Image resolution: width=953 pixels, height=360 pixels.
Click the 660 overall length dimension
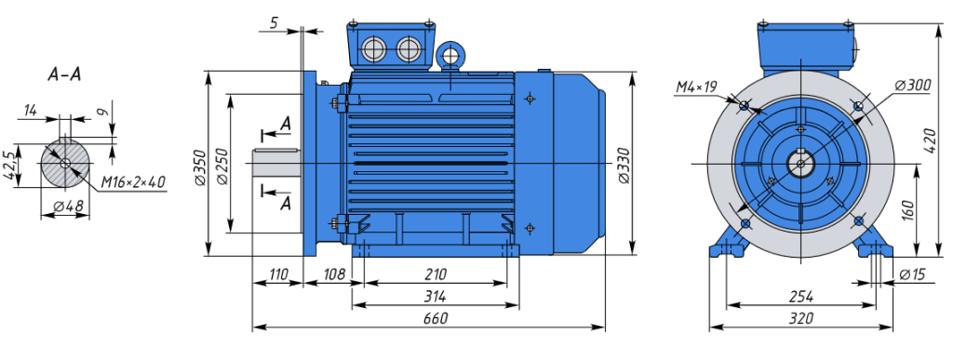pyautogui.click(x=436, y=318)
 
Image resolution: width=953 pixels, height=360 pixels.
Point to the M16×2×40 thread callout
pyautogui.click(x=133, y=182)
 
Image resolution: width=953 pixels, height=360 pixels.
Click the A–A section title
pyautogui.click(x=64, y=74)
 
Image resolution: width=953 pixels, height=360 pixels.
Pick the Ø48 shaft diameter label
pyautogui.click(x=68, y=207)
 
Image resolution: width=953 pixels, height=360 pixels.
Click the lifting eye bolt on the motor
pyautogui.click(x=451, y=56)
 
